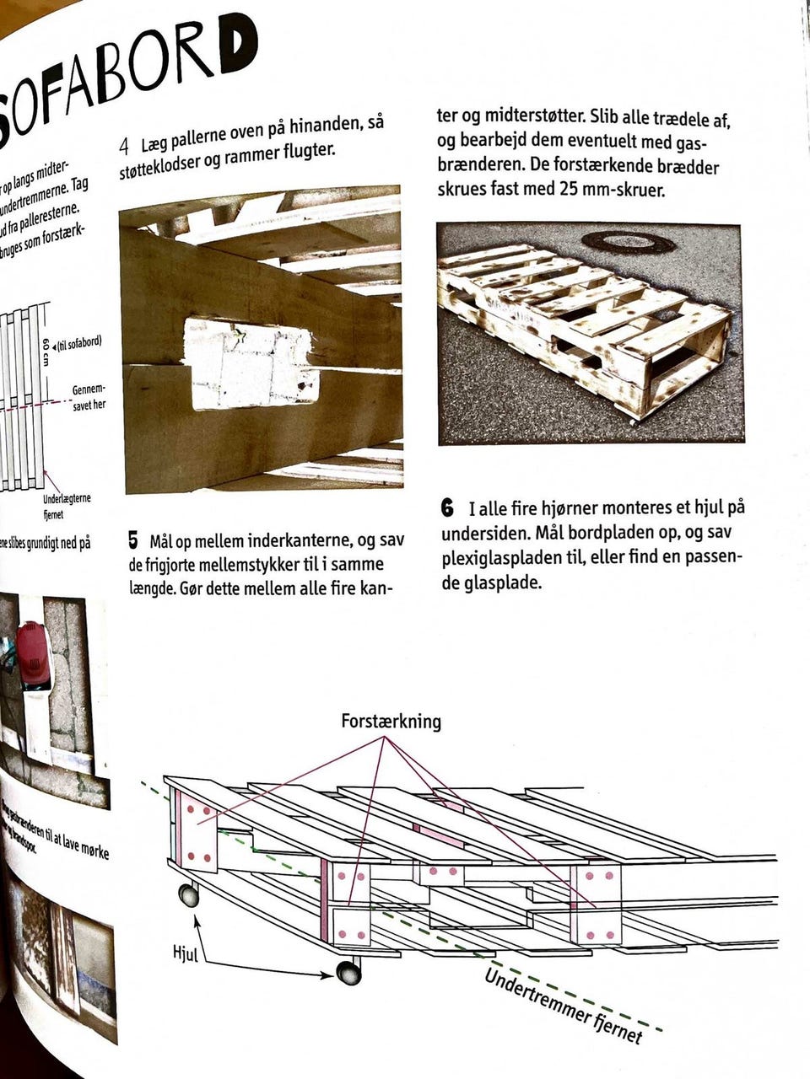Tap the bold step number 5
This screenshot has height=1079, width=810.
coord(132,539)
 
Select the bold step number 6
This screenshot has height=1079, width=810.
coord(447,509)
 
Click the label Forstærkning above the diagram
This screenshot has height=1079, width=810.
coord(391,722)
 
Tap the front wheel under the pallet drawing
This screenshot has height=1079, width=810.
coord(348,973)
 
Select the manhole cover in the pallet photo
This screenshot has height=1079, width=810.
coord(628,242)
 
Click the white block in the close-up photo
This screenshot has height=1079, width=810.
coord(252,363)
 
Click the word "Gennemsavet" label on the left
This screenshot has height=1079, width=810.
coord(89,390)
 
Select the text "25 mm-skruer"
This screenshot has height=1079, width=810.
coord(612,189)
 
